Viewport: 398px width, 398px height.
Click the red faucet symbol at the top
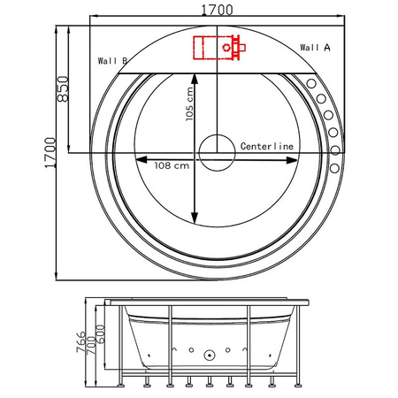[218, 45]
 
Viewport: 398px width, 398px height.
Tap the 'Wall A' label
[316, 47]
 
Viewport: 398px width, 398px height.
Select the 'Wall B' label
[113, 61]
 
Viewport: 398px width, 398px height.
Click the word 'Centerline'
[267, 144]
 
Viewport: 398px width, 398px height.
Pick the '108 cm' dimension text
[169, 165]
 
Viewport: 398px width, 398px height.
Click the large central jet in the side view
[210, 356]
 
